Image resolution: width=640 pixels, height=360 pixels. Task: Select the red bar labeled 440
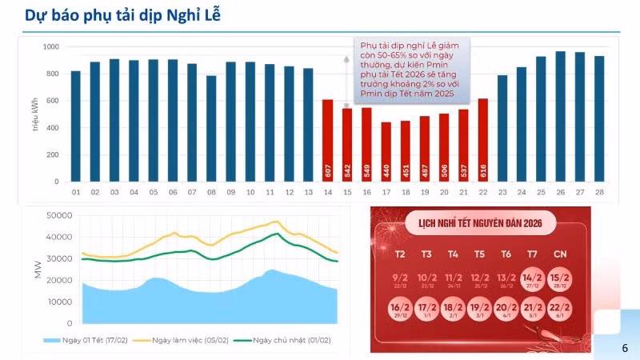click(x=386, y=152)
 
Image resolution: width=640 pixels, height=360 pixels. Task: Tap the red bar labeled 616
click(x=482, y=140)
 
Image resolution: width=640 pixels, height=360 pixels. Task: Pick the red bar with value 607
click(x=328, y=141)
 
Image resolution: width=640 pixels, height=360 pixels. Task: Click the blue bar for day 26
click(x=561, y=117)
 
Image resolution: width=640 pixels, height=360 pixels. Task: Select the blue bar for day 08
click(x=211, y=129)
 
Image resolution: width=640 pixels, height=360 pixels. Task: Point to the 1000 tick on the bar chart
click(x=51, y=47)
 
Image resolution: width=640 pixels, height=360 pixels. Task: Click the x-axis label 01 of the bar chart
click(x=75, y=193)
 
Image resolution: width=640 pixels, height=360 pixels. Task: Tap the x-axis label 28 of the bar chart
click(x=599, y=193)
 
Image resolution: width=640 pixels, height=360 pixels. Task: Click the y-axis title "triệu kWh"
click(x=35, y=115)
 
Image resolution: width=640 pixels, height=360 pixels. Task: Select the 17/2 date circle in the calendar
click(x=426, y=309)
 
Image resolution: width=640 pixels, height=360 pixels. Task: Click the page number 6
click(x=625, y=348)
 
